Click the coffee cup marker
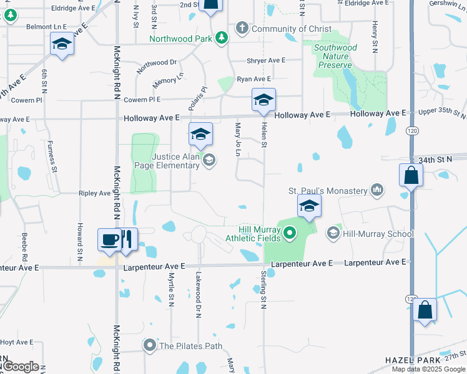click(110, 240)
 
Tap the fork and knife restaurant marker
click(127, 240)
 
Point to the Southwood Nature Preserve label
click(335, 56)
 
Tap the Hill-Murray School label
click(378, 234)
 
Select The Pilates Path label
click(191, 346)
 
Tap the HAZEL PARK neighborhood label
click(410, 360)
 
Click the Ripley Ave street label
click(95, 193)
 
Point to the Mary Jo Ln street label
click(238, 140)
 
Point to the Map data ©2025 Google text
click(428, 369)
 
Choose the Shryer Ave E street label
click(266, 60)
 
